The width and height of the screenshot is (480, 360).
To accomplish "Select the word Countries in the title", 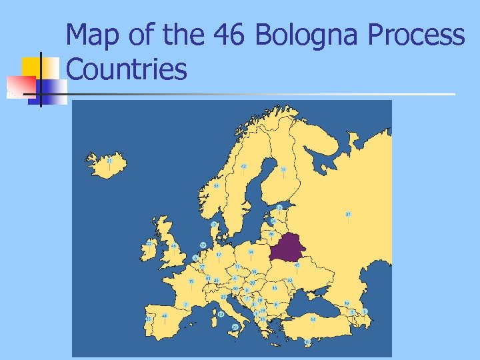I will tap(127, 69).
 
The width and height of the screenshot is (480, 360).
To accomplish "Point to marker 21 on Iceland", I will tap(109, 161).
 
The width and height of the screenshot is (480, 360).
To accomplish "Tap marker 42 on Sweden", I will tap(244, 166).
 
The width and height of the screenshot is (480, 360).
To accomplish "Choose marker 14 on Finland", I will tap(283, 170).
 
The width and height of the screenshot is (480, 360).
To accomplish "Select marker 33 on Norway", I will tap(217, 185).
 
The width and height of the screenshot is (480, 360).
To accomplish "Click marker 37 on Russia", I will tap(348, 214).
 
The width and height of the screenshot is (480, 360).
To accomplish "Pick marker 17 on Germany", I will tap(219, 254).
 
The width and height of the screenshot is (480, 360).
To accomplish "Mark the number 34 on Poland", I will tap(251, 252).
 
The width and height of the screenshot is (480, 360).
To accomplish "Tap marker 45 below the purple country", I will tap(297, 265).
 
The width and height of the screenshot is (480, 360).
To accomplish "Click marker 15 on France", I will tap(191, 281).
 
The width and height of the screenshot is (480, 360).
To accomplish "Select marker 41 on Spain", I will tap(165, 316).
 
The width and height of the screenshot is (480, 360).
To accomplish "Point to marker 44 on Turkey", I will tap(313, 320).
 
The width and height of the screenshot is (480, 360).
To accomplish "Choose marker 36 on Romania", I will tap(275, 289).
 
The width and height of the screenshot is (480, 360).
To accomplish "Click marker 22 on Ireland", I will tap(149, 243).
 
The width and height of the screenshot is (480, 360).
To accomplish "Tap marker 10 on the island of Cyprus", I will tap(307, 341).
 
